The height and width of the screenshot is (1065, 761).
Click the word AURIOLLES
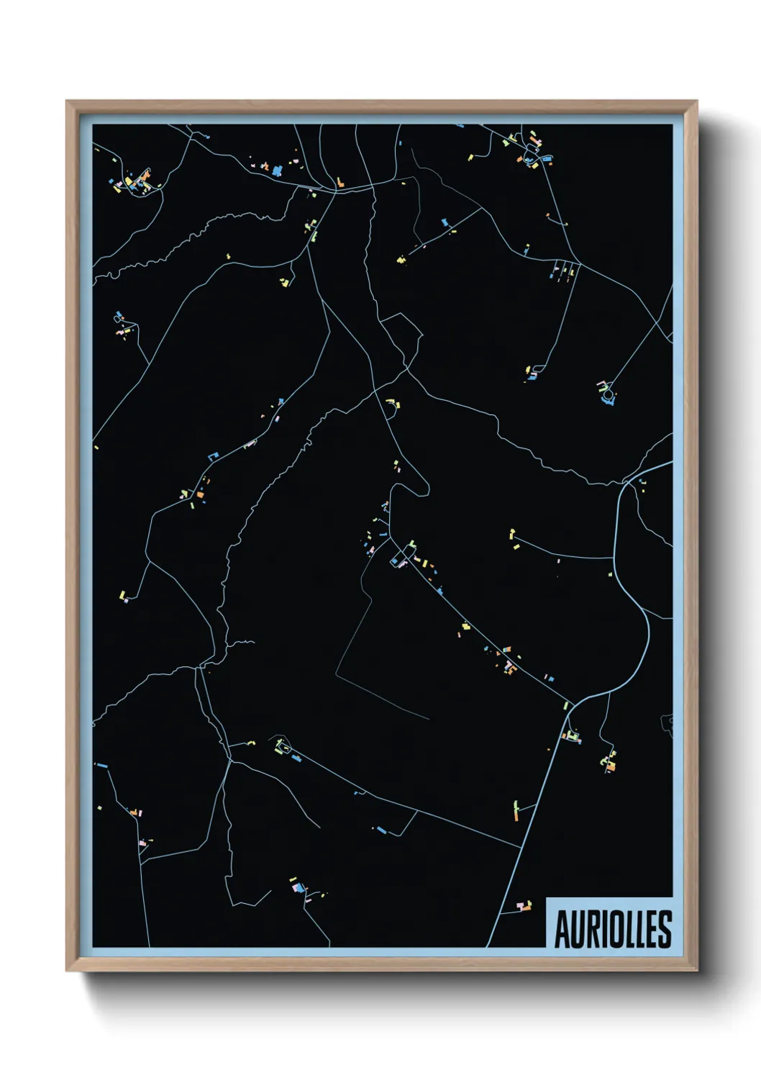pos(613,929)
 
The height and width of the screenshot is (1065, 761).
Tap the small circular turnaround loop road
pos(609,394)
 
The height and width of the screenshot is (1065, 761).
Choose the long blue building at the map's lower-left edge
pos(101,765)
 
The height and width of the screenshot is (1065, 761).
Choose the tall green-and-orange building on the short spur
pos(516,810)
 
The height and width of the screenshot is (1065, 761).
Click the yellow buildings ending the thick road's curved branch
pos(514,537)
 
